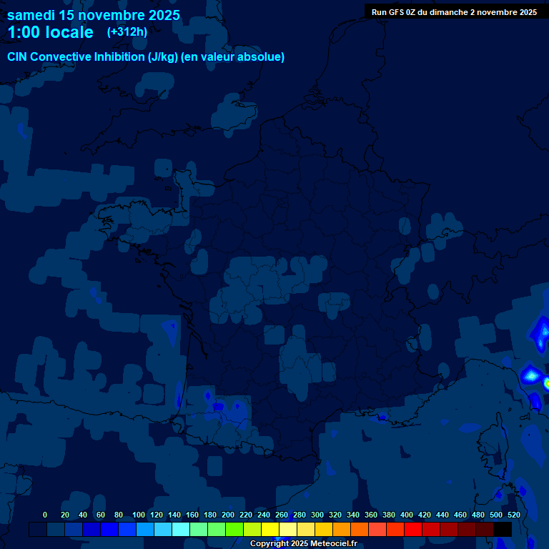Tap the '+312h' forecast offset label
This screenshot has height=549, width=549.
coord(127,31)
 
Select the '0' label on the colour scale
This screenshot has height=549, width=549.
coord(45,515)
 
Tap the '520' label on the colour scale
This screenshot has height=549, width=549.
coord(513,515)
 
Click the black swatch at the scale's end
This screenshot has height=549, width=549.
coord(503,529)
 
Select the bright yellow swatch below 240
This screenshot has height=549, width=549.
coord(270,529)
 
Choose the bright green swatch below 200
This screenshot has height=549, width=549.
coord(234,529)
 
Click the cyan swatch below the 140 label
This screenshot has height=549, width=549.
coord(181,529)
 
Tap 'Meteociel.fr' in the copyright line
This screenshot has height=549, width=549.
coord(334,544)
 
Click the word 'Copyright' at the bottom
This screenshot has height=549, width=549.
coord(269,544)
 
